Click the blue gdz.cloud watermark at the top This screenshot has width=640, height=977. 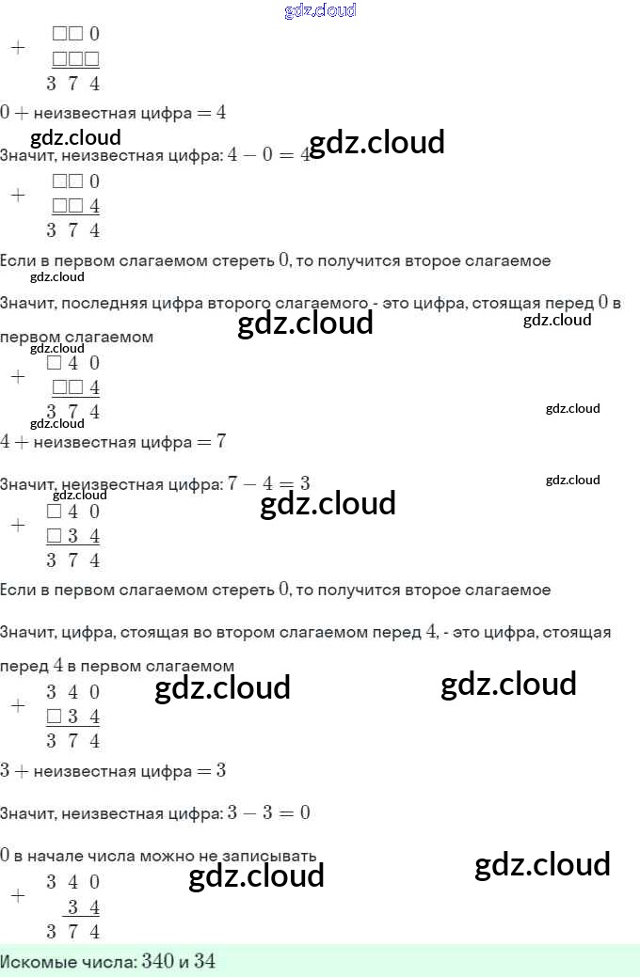320,10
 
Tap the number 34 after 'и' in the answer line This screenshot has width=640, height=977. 205,961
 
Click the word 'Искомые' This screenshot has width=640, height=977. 34,962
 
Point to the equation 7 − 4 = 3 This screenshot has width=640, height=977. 269,484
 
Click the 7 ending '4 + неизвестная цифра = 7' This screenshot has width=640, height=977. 220,442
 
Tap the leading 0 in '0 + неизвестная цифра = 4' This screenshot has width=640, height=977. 5,113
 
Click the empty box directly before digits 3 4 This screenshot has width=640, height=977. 54,537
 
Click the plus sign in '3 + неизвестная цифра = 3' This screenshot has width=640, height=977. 18,772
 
